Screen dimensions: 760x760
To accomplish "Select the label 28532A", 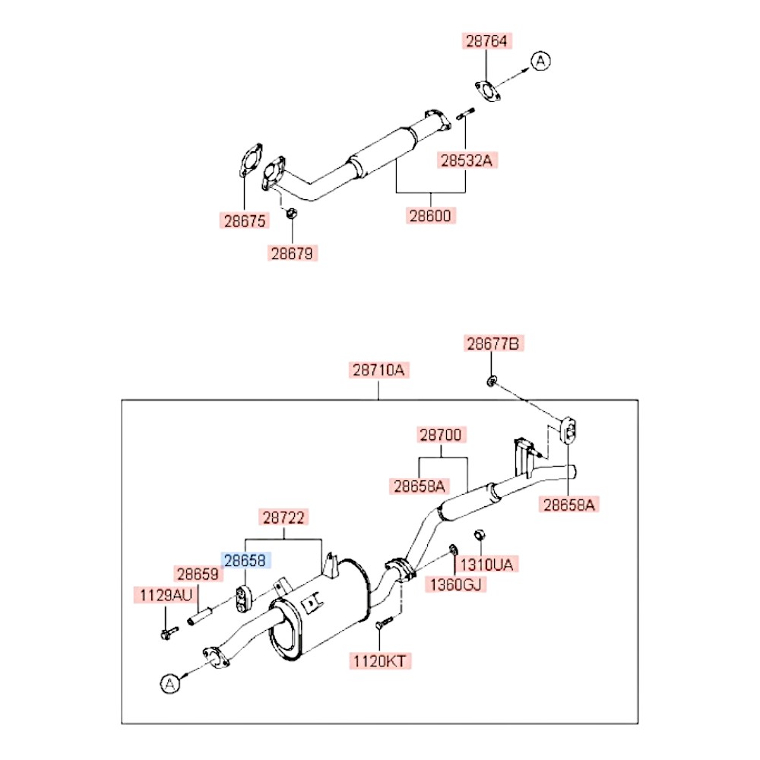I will pos(469,160).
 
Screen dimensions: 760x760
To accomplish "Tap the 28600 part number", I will pos(430,216).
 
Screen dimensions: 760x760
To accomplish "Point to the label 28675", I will pos(245,221).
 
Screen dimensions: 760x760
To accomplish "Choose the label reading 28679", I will pos(293,253).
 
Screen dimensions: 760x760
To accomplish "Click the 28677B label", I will pos(494,344).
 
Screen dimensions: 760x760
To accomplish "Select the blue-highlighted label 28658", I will pos(245,560).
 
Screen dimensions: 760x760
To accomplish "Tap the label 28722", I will pos(284,518).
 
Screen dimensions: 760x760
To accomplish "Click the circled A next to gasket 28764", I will pos(539,61).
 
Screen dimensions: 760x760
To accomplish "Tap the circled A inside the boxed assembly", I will pos(169,683).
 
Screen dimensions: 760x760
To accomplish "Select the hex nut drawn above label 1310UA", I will pos(480,534).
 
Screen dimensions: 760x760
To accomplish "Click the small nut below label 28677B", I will pos(492,379).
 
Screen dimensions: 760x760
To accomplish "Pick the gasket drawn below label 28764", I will pos(487,90).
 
